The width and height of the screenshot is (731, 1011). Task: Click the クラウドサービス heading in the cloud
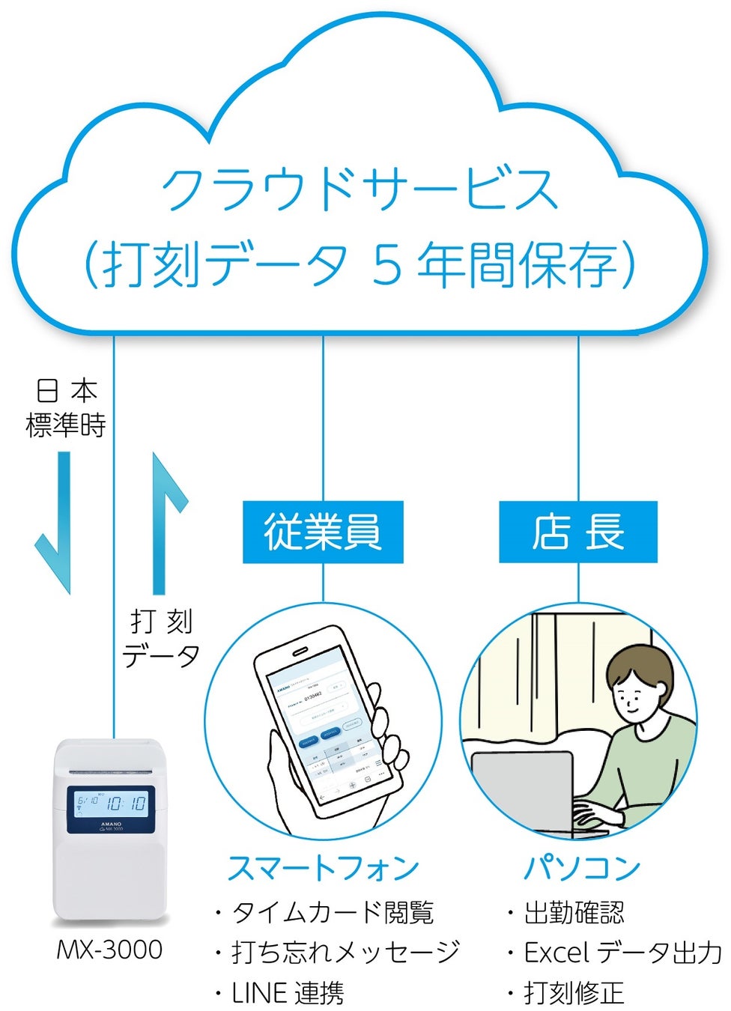[x=360, y=189]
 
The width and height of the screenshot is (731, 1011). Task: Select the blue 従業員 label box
[x=323, y=532]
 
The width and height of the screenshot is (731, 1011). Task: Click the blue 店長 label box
[x=577, y=532]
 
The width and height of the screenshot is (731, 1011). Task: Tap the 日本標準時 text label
[x=66, y=408]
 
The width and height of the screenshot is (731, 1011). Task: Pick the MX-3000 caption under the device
[x=109, y=950]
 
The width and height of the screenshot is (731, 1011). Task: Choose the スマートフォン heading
[x=323, y=868]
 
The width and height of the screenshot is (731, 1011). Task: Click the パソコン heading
[x=581, y=868]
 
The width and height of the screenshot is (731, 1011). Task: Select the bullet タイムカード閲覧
[x=332, y=912]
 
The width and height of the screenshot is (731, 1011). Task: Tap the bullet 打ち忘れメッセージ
[x=345, y=952]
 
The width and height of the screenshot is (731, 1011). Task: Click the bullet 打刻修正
[x=574, y=993]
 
